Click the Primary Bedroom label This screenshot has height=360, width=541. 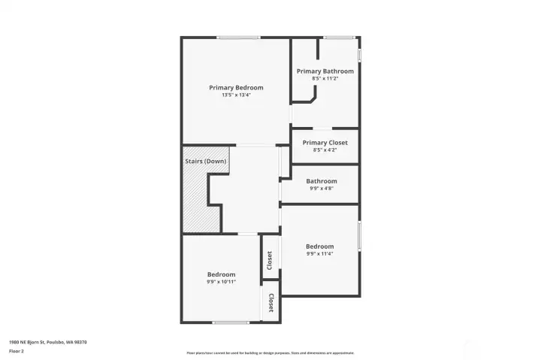tap(236, 88)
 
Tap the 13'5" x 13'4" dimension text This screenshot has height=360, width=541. tap(236, 95)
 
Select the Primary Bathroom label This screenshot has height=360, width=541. tap(325, 71)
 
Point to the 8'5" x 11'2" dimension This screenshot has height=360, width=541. tap(325, 78)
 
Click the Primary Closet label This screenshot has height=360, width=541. tap(325, 143)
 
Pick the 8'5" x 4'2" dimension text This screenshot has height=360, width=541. tap(325, 150)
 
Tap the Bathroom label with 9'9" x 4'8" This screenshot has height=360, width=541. tap(322, 181)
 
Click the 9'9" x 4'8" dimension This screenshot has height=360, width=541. tap(322, 189)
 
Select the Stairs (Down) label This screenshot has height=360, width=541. tap(205, 162)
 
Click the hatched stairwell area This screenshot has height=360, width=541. tap(196, 199)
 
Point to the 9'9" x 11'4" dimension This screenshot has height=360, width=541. tap(319, 254)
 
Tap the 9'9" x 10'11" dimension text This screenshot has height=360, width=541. tap(222, 282)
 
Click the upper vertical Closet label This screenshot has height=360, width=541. tap(270, 260)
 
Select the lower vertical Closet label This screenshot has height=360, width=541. tap(270, 304)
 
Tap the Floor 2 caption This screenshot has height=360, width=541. tap(16, 351)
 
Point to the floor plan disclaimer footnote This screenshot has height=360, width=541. tap(270, 352)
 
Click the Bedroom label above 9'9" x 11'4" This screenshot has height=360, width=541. tap(319, 247)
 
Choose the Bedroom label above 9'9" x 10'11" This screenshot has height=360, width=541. tap(222, 274)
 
